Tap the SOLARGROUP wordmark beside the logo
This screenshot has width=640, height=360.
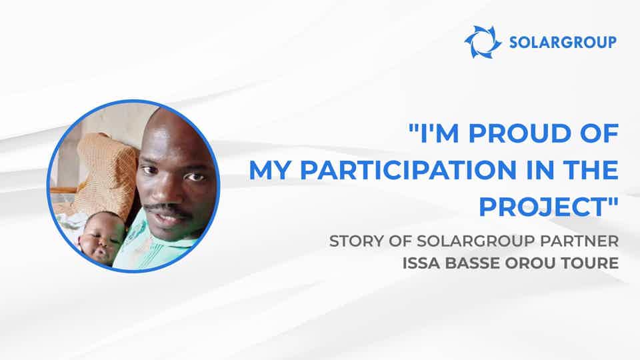point(562,43)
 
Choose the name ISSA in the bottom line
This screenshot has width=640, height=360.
point(419,262)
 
